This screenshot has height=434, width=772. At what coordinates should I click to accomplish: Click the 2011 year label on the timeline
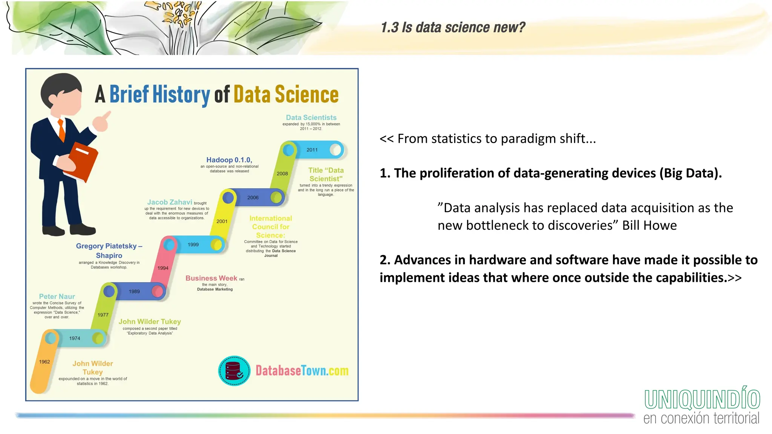312,150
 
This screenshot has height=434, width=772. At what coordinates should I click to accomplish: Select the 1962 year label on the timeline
44,362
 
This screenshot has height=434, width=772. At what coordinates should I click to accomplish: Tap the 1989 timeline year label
134,292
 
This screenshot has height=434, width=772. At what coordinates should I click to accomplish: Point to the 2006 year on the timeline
253,197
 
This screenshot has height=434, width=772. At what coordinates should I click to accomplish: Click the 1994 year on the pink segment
163,268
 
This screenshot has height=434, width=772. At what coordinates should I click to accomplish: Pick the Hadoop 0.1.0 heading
229,160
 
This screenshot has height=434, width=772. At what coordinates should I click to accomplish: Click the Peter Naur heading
57,296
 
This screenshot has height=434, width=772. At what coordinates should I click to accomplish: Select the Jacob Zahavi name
170,202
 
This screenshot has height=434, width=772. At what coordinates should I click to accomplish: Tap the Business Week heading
211,278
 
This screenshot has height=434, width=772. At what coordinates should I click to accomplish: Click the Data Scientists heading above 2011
311,118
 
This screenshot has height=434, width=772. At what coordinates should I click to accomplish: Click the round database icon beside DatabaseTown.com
234,371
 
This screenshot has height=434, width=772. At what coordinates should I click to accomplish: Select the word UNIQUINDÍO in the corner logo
702,400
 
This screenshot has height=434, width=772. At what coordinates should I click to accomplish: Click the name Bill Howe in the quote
649,225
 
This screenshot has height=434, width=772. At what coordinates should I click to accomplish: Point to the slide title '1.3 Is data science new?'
453,28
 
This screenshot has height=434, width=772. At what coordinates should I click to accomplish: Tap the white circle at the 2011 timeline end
335,150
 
